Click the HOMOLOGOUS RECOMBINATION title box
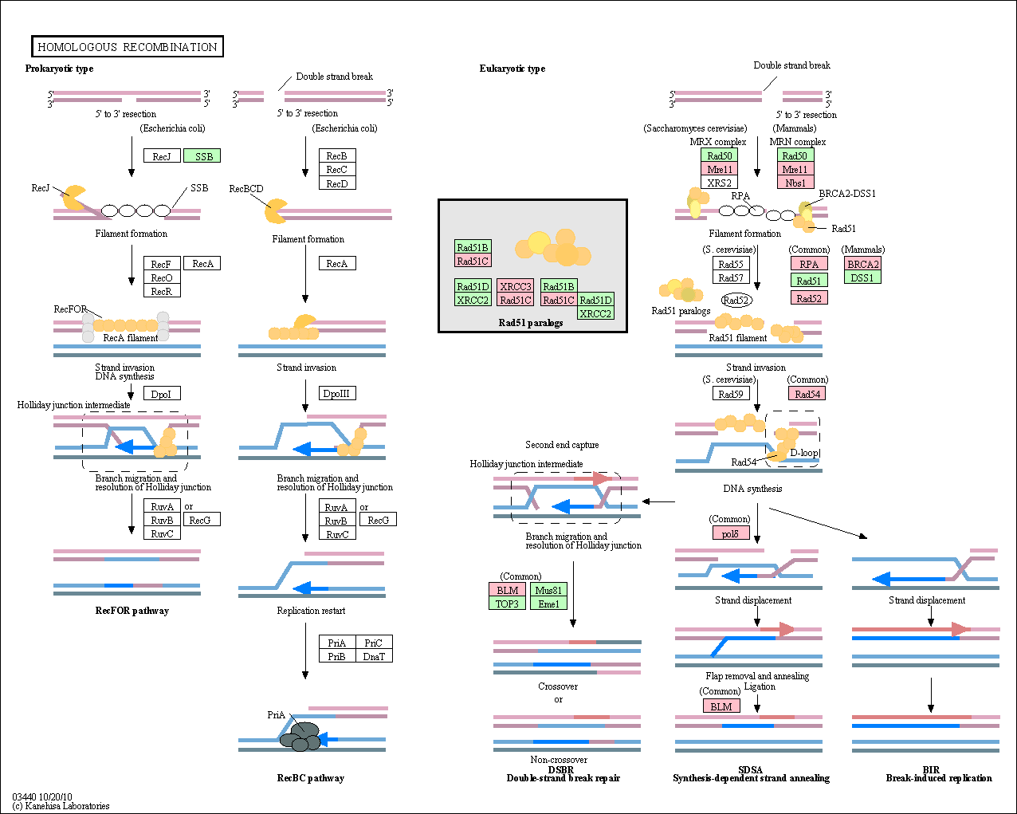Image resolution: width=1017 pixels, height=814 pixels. pyautogui.click(x=128, y=46)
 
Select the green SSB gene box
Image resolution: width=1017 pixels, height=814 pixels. pyautogui.click(x=202, y=156)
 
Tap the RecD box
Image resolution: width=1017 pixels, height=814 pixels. pyautogui.click(x=337, y=183)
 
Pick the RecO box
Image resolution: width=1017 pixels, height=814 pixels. pyautogui.click(x=162, y=278)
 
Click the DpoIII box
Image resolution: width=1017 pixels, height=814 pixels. pyautogui.click(x=337, y=393)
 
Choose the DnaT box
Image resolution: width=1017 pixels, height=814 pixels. pyautogui.click(x=374, y=656)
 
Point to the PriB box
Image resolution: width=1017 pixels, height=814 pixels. pyautogui.click(x=337, y=656)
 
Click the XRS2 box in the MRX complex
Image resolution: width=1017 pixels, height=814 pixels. pyautogui.click(x=719, y=183)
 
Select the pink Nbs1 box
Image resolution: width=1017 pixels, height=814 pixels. pyautogui.click(x=795, y=183)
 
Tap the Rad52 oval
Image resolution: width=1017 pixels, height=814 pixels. pyautogui.click(x=736, y=301)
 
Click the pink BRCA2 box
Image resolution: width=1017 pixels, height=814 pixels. pyautogui.click(x=862, y=264)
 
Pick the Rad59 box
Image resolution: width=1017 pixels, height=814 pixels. pyautogui.click(x=731, y=393)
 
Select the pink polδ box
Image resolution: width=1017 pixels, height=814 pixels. pyautogui.click(x=731, y=533)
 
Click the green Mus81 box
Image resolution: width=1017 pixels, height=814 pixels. pyautogui.click(x=548, y=590)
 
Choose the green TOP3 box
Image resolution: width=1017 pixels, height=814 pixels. pyautogui.click(x=507, y=604)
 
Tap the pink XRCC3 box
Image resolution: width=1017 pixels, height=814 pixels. pyautogui.click(x=516, y=286)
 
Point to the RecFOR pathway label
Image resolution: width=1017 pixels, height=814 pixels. pyautogui.click(x=132, y=610)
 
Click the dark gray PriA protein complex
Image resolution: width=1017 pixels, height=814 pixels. pyautogui.click(x=300, y=737)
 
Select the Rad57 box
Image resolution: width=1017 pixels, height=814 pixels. pyautogui.click(x=731, y=277)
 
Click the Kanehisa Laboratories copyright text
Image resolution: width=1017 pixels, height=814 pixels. pyautogui.click(x=61, y=806)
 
